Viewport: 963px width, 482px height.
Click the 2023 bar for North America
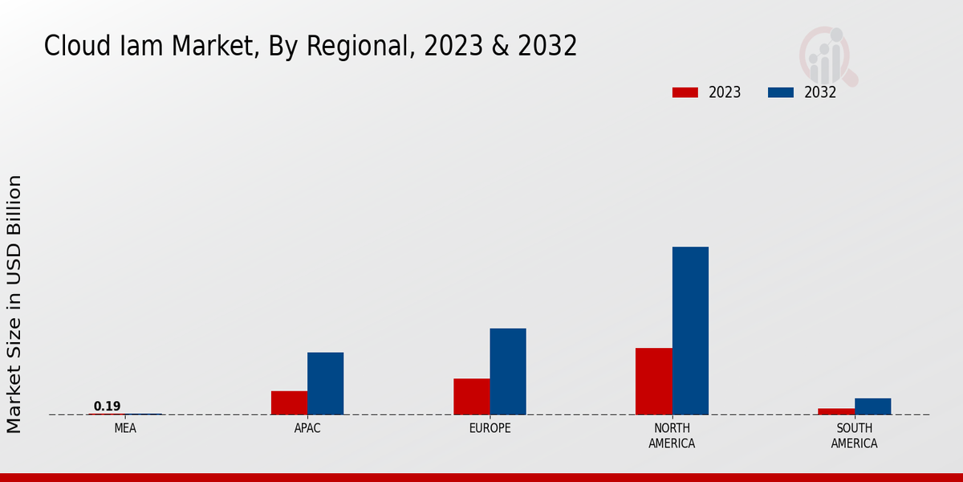click(653, 381)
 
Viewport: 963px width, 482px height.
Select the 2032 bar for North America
click(690, 330)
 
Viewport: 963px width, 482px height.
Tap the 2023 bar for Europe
click(471, 396)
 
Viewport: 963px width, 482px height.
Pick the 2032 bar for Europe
click(508, 371)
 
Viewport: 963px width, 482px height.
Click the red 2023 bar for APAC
click(289, 402)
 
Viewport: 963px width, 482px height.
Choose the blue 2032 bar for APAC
click(325, 383)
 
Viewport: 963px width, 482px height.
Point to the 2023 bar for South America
click(835, 411)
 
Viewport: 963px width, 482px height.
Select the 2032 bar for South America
click(872, 406)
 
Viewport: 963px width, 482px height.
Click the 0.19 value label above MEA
click(107, 406)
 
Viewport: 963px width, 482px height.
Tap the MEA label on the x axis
click(125, 428)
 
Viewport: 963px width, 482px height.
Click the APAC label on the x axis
click(307, 428)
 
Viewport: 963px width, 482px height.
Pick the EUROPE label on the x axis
click(490, 428)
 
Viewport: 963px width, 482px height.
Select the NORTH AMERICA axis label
click(672, 435)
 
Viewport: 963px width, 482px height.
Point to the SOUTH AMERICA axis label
click(854, 435)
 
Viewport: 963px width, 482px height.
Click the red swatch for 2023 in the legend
click(685, 92)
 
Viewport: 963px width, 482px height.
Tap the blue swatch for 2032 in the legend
click(780, 92)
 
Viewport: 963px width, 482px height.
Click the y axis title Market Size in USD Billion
click(14, 304)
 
